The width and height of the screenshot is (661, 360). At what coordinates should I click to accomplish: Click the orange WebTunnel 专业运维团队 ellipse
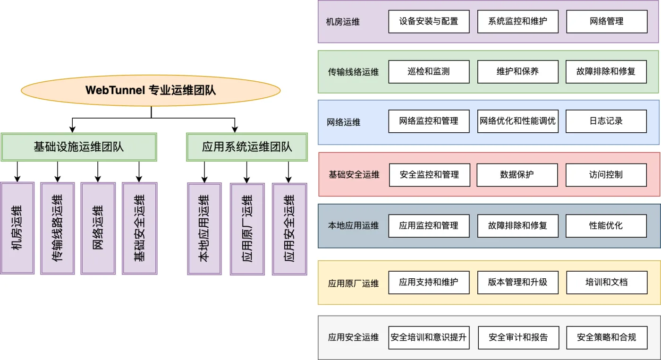pos(151,90)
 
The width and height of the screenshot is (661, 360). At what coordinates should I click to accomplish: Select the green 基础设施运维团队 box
pos(79,147)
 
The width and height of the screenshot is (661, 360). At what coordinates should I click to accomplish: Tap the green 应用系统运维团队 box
pos(246,147)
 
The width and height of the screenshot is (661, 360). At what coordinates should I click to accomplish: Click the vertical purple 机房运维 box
pos(17,228)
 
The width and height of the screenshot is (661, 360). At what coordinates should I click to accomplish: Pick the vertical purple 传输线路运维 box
pos(58,228)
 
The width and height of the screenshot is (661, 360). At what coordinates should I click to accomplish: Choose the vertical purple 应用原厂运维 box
pos(247,229)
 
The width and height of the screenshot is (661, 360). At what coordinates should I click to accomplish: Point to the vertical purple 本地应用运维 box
pos(204,229)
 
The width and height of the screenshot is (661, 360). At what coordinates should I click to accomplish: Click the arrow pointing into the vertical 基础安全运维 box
pos(139,172)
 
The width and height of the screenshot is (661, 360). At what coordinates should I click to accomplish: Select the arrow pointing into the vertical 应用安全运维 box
pos(288,172)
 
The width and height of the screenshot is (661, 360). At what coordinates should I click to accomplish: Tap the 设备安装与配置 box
pos(429,22)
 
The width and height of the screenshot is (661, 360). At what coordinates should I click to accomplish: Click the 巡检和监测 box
pos(429,72)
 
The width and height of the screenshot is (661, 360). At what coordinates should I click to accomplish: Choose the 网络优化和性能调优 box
pos(518,121)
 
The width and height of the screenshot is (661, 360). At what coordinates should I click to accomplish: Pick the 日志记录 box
pos(606,121)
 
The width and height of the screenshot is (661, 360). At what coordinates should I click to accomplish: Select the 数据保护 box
pos(517,175)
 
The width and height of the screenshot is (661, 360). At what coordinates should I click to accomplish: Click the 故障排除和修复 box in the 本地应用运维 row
pos(518,226)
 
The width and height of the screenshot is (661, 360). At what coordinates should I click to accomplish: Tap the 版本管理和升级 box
pos(518,283)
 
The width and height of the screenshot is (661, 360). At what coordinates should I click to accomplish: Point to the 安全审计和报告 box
pos(518,337)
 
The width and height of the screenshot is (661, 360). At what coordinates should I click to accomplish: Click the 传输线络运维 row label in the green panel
pos(353,72)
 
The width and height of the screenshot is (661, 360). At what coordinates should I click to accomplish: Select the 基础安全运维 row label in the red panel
pos(354,174)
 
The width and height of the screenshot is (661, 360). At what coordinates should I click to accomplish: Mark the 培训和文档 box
pos(607,283)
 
